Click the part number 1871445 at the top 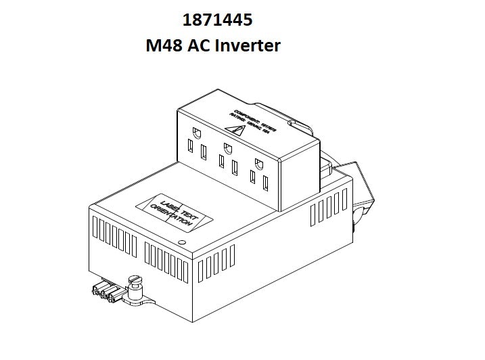(217, 20)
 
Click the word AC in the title (200, 46)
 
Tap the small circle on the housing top (181, 241)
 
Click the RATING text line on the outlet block (244, 123)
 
